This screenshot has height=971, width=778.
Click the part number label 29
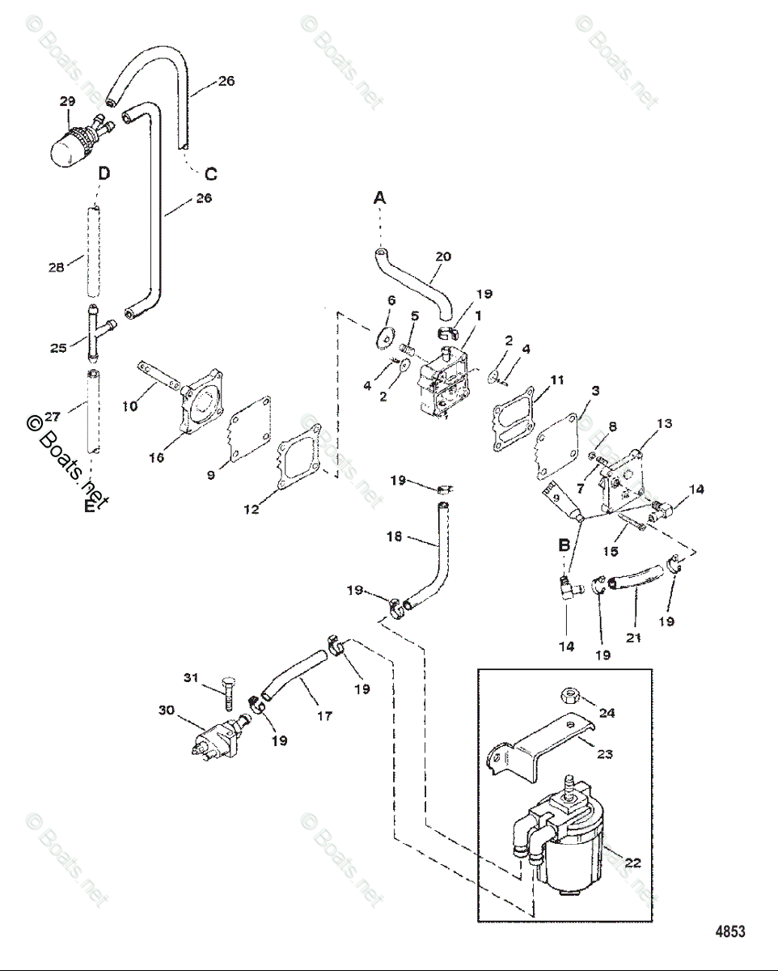[x=67, y=101]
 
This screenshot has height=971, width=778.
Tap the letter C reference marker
[x=210, y=174]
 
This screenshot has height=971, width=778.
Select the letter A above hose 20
[x=380, y=197]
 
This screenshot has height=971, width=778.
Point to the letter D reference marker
[x=104, y=173]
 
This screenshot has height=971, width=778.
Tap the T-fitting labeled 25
[x=97, y=333]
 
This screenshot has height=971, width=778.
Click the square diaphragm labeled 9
[x=249, y=429]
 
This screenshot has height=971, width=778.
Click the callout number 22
[x=632, y=863]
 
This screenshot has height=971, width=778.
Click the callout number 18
[x=394, y=537]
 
